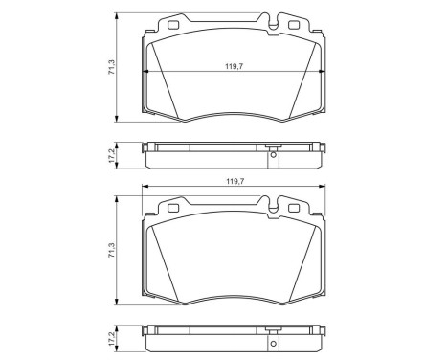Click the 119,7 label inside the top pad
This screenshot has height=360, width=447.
point(233,67)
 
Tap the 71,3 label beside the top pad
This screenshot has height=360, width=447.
point(112,69)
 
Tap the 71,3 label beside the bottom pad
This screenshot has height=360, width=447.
point(112,250)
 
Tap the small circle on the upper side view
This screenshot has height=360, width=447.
point(274,155)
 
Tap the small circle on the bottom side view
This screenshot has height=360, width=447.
point(274,341)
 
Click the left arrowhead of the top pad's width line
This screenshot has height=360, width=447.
point(145,73)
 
